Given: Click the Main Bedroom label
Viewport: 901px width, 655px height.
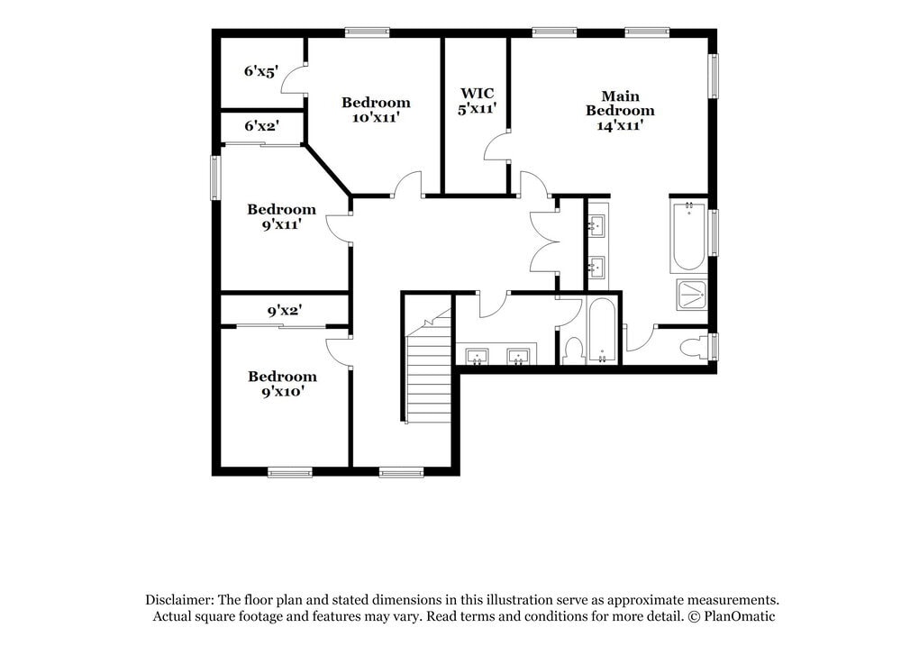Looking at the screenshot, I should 620,103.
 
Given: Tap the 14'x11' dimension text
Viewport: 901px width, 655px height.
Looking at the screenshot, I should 620,126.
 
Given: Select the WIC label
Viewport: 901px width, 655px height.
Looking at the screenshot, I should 477,93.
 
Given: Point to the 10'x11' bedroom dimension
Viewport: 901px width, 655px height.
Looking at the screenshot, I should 375,117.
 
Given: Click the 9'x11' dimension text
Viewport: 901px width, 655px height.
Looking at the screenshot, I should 281,224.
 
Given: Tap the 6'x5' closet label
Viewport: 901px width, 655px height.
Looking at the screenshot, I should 260,70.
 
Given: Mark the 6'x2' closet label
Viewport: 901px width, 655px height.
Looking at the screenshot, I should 261,126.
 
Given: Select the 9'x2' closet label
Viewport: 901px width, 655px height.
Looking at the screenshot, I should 283,311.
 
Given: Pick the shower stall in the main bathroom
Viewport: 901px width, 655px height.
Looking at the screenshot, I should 691,294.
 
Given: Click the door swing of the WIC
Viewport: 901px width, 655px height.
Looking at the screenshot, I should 496,146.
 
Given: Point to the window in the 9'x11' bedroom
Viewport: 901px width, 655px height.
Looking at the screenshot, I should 215,177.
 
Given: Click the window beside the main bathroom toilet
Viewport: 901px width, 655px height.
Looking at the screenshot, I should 714,347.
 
